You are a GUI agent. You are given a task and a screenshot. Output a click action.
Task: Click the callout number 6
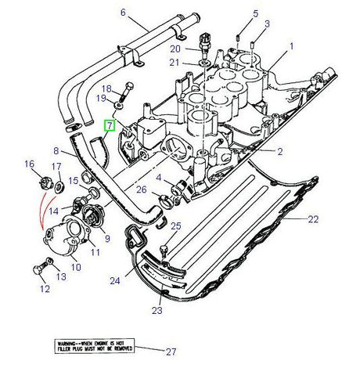[123, 12]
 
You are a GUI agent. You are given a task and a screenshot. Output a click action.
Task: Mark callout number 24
[115, 279]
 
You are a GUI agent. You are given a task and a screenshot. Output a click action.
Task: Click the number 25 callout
[175, 226]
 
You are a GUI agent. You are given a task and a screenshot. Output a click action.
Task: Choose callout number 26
[141, 189]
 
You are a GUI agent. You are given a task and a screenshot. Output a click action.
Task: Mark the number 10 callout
[77, 266]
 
